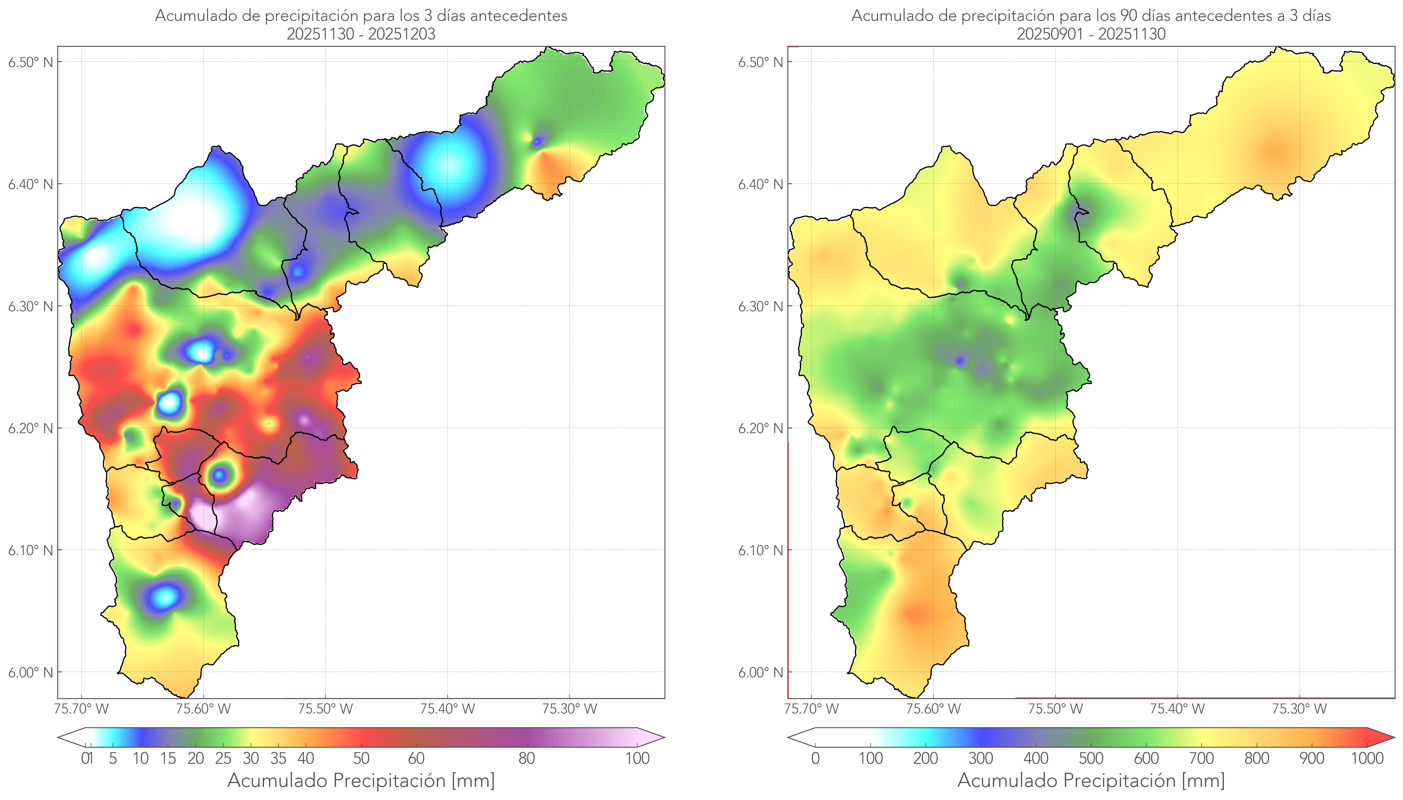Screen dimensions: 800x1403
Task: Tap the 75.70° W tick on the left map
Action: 81,709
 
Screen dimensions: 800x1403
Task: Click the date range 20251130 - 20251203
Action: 361,34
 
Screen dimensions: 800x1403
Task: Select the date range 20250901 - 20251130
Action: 1091,34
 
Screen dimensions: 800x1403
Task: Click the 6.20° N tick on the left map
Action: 30,428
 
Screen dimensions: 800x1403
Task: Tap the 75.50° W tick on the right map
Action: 1055,709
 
